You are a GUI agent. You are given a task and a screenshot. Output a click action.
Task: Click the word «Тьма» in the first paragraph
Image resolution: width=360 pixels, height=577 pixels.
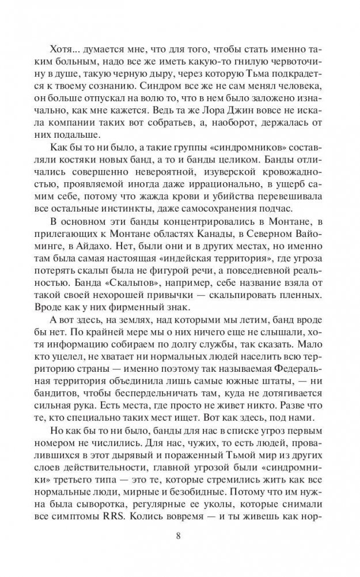(264, 74)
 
